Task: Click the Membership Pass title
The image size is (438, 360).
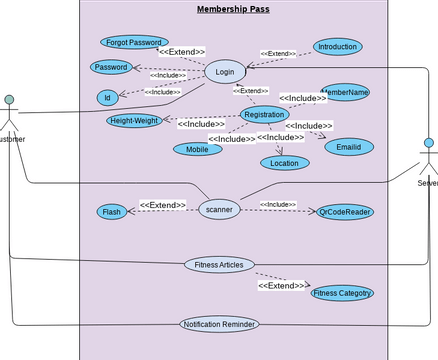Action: point(232,10)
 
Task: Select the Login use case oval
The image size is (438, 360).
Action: point(225,72)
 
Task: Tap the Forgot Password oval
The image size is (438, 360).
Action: point(135,42)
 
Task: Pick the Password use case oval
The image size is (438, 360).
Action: point(111,67)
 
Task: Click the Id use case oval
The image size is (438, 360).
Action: point(107,97)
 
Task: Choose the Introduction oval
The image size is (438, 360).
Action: point(336,46)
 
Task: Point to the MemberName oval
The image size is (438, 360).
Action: point(345,91)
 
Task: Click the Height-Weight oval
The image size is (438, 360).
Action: point(135,121)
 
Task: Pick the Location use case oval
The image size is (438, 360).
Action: point(284,162)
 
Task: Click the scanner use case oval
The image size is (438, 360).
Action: point(219,210)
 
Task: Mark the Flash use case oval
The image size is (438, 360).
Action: point(110,212)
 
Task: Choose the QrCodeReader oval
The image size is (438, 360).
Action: point(344,212)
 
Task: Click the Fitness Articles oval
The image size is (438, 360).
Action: point(219,264)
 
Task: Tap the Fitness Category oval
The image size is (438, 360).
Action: point(342,293)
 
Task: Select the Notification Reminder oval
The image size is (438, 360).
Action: point(219,324)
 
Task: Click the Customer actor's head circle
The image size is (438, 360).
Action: point(9,100)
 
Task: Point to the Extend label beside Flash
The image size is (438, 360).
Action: point(163,205)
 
